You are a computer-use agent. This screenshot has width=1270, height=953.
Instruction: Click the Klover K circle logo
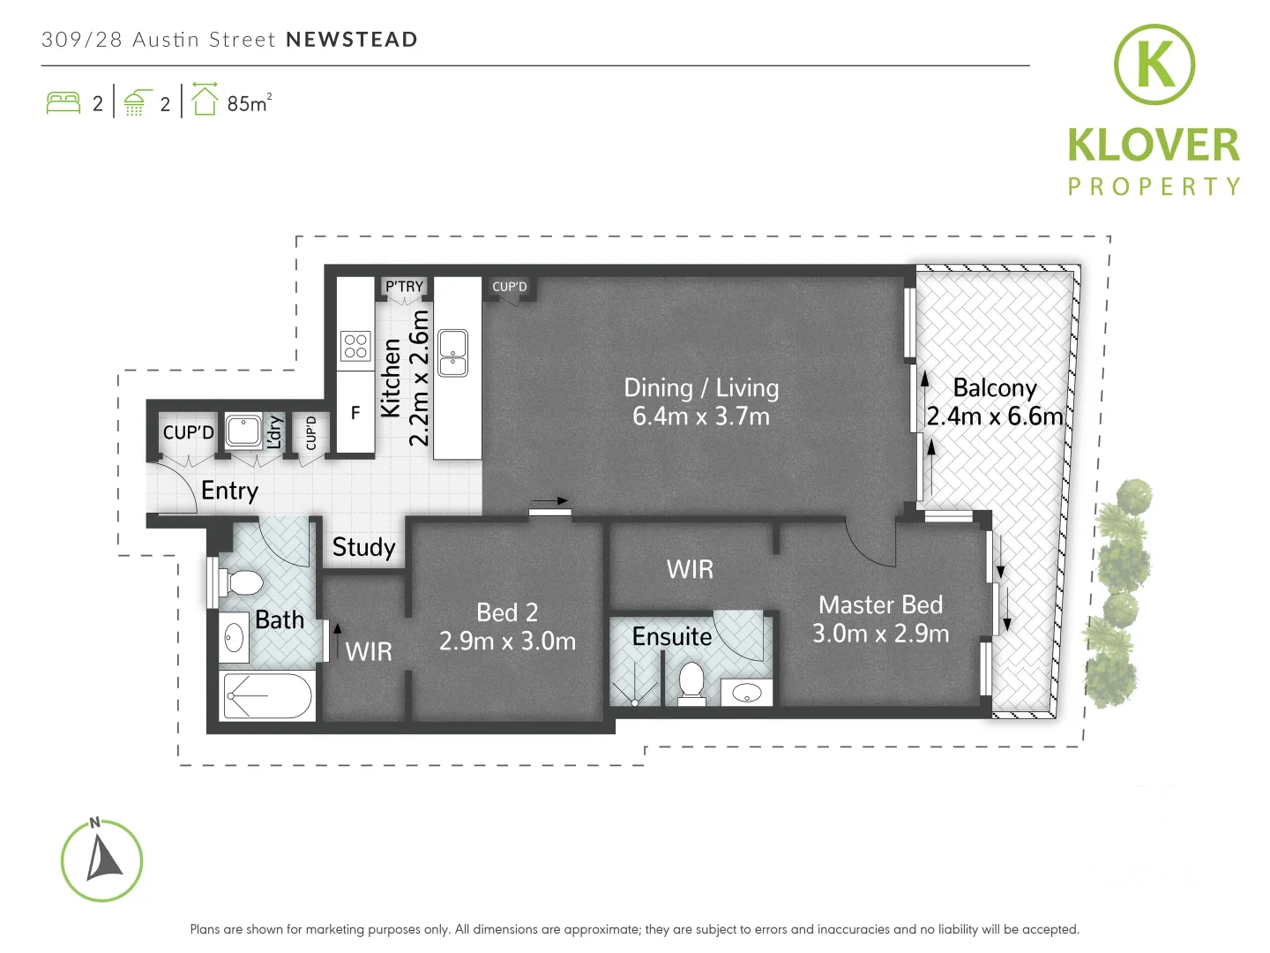click(1154, 64)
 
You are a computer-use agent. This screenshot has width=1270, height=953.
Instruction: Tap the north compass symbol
click(101, 861)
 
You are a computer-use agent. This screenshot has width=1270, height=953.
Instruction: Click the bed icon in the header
click(63, 103)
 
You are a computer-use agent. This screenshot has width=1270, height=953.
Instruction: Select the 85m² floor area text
click(249, 103)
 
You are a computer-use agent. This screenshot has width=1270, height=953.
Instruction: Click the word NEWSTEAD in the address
click(352, 40)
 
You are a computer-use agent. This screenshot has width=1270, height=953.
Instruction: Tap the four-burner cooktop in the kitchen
click(355, 346)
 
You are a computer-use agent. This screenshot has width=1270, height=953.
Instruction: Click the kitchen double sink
click(453, 353)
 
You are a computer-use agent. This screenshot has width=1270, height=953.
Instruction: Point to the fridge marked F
click(355, 412)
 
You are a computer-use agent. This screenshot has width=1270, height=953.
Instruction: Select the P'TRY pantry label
click(404, 287)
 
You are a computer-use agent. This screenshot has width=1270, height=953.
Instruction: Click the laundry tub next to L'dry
click(243, 431)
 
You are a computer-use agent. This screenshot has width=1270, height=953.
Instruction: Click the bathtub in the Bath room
click(268, 695)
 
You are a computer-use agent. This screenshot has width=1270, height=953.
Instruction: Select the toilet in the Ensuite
click(691, 683)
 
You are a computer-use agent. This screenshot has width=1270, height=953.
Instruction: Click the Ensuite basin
click(747, 693)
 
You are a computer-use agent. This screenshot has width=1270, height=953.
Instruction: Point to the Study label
click(363, 547)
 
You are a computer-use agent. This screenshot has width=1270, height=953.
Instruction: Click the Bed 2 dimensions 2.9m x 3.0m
click(507, 642)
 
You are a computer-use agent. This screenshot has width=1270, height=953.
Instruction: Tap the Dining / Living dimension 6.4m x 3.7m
click(700, 416)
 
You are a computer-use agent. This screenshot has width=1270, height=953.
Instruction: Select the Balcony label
click(994, 388)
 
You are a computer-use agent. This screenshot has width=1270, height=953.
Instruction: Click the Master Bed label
click(880, 605)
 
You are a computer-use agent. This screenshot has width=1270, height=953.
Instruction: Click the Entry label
click(229, 491)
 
